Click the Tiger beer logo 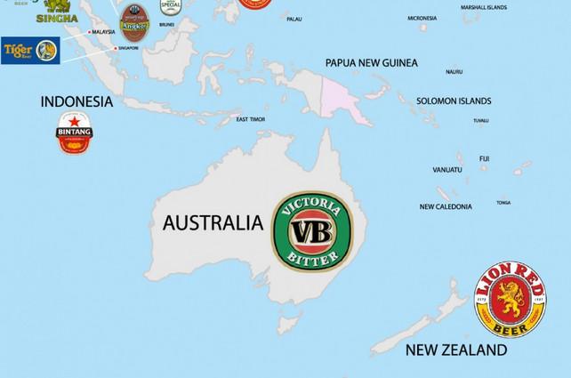pyautogui.click(x=29, y=50)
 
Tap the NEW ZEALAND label pyautogui.click(x=456, y=350)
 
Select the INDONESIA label pyautogui.click(x=76, y=101)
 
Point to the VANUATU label pyautogui.click(x=446, y=169)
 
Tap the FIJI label pyautogui.click(x=484, y=158)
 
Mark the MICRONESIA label pyautogui.click(x=422, y=18)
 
